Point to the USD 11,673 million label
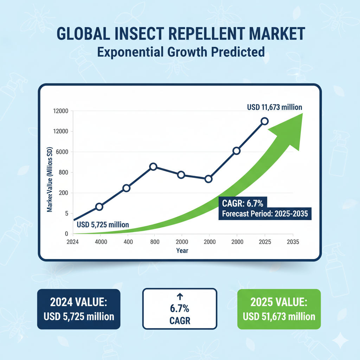pyautogui.click(x=275, y=107)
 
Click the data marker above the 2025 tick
pyautogui.click(x=264, y=121)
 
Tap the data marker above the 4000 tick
pyautogui.click(x=99, y=206)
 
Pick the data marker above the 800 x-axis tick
pyautogui.click(x=153, y=167)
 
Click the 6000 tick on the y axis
pyautogui.click(x=60, y=152)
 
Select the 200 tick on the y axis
pyautogui.click(x=63, y=193)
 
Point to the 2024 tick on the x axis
pyautogui.click(x=72, y=242)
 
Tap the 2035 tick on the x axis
pyautogui.click(x=293, y=242)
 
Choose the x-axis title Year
pyautogui.click(x=182, y=250)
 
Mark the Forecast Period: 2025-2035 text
pyautogui.click(x=265, y=214)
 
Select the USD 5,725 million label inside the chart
pyautogui.click(x=102, y=224)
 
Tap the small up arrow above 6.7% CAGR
pyautogui.click(x=179, y=296)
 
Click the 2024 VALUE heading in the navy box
pyautogui.click(x=79, y=302)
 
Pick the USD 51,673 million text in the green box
pyautogui.click(x=279, y=316)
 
